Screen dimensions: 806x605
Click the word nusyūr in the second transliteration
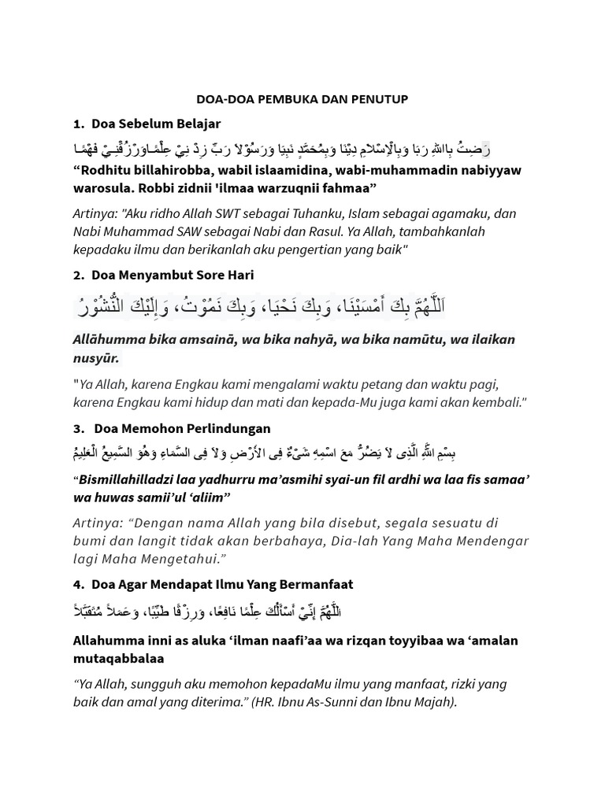point(96,358)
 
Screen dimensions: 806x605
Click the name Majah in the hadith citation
point(432,701)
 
